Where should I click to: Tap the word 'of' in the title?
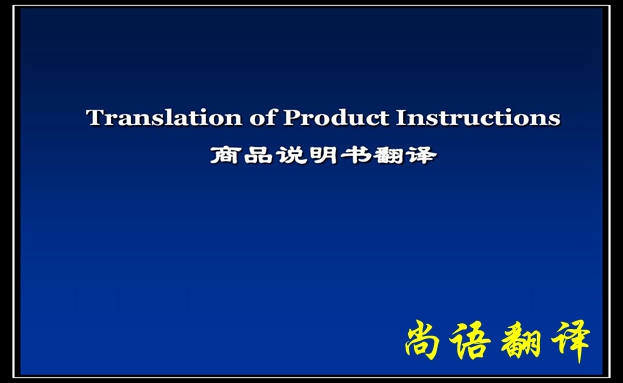pos(262,118)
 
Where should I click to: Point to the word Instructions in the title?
pos(479,118)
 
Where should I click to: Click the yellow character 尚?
pos(427,341)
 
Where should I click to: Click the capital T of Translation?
pos(95,118)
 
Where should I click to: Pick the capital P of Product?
pos(292,118)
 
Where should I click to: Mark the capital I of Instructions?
pos(403,118)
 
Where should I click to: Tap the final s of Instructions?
pos(555,119)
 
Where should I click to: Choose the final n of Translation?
pos(235,119)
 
